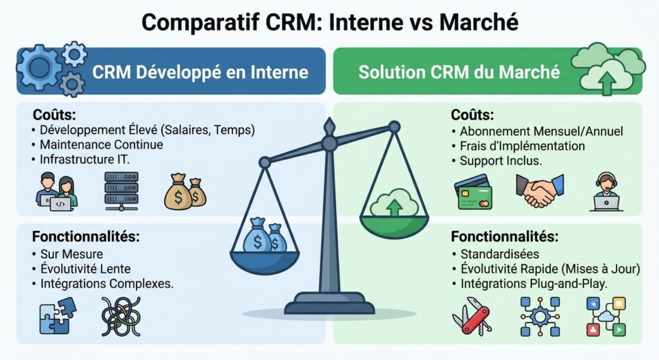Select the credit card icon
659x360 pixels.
(x=474, y=193)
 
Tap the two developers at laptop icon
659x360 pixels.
(x=57, y=191)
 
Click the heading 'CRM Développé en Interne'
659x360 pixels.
(x=200, y=71)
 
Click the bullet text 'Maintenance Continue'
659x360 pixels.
(x=102, y=145)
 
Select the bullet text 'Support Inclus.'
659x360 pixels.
(x=501, y=161)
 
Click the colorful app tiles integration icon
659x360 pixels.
(x=606, y=316)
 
